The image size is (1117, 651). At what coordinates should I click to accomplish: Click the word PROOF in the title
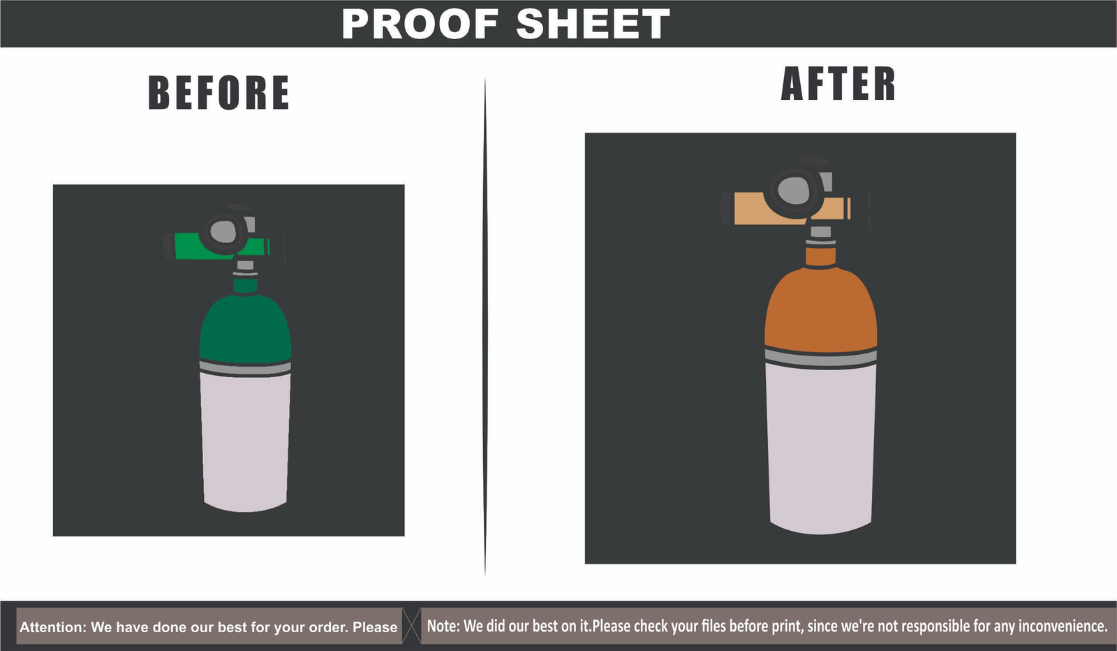click(420, 24)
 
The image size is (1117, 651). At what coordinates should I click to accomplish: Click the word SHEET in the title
click(593, 24)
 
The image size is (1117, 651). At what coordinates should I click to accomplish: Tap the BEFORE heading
click(219, 92)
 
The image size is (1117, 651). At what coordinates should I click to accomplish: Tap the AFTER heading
click(838, 84)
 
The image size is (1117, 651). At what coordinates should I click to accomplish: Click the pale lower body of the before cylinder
click(245, 441)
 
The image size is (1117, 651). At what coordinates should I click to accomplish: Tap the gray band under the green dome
click(245, 367)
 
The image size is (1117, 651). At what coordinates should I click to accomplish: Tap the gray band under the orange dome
click(821, 358)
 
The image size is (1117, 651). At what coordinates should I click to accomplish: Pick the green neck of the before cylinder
click(245, 286)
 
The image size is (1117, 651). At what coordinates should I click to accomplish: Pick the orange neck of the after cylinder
click(821, 257)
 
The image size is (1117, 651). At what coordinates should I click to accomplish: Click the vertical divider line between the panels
click(484, 327)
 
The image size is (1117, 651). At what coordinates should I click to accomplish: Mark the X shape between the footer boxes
click(411, 626)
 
